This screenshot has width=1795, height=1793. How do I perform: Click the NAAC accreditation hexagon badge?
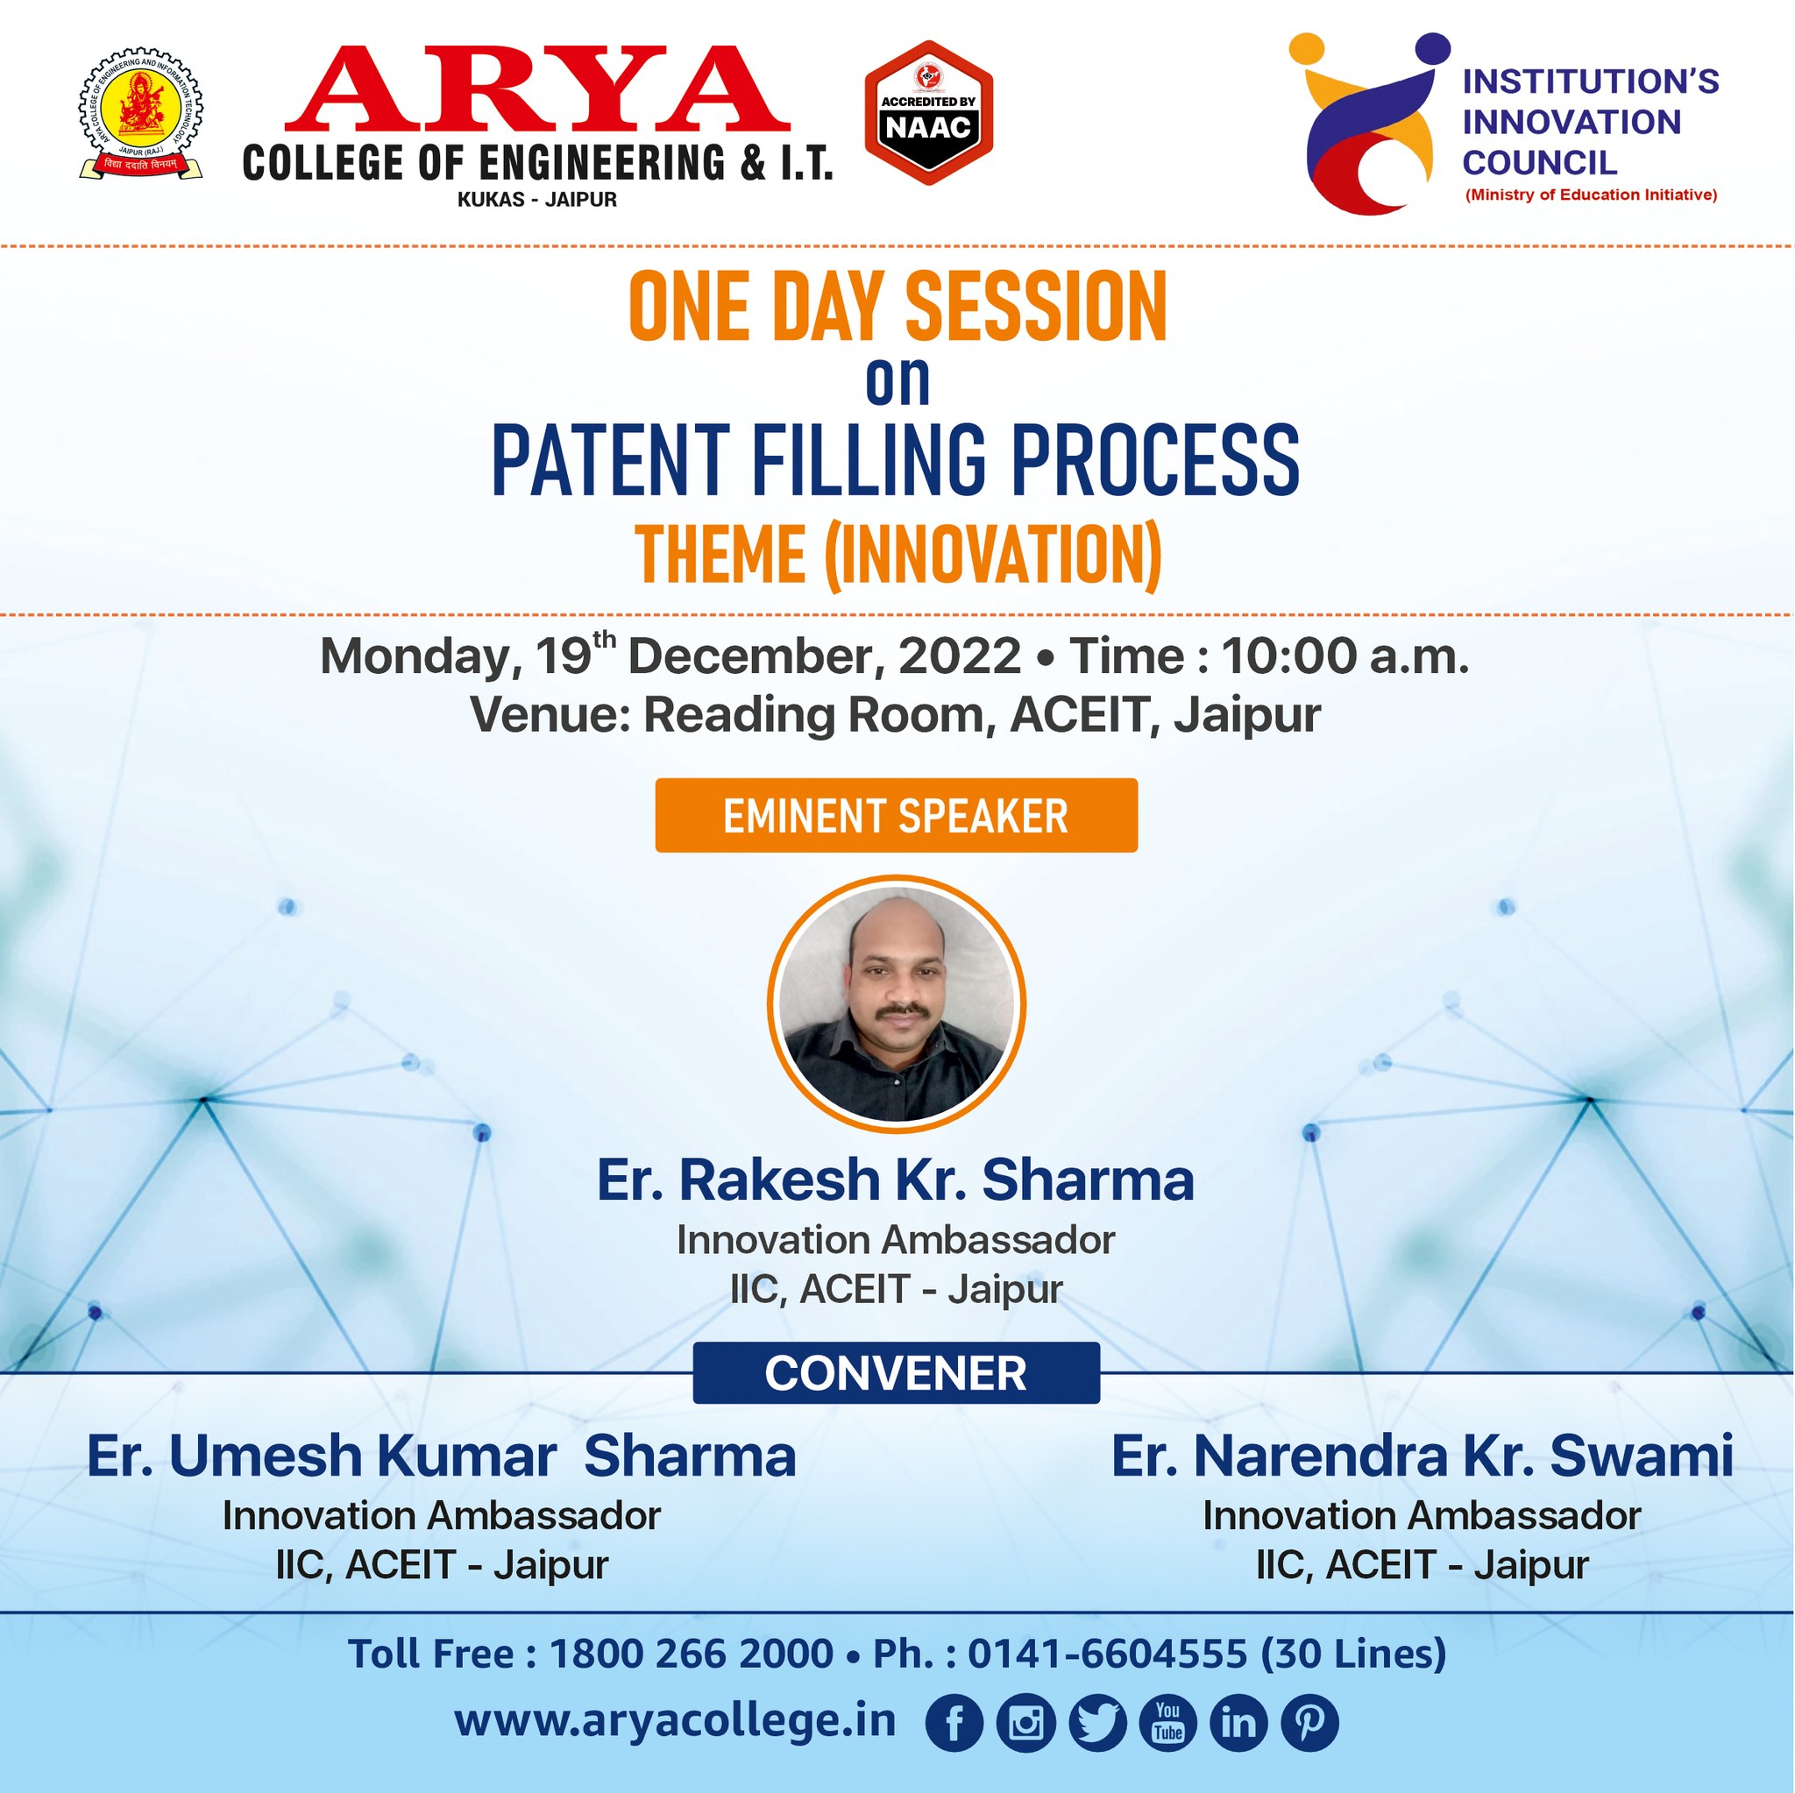coord(928,112)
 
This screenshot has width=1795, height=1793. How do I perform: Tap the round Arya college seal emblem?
coord(141,114)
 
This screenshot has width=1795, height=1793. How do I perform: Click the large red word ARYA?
coord(537,89)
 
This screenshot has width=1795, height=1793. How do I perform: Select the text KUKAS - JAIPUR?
coord(537,200)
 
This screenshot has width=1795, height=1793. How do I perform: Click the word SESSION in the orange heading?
coord(1035,306)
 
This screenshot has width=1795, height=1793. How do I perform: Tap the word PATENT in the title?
coord(609,460)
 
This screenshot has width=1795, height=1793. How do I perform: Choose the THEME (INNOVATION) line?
coord(898,556)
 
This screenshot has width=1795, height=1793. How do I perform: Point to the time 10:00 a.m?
coord(1345,656)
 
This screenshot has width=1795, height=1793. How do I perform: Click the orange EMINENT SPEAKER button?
coord(897,816)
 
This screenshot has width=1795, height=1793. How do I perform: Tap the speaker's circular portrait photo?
coord(897,1004)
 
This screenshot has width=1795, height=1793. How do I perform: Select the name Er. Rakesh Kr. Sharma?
coord(896,1180)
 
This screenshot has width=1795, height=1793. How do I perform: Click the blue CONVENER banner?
coord(897,1373)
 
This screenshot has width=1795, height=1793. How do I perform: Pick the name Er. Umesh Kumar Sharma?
coord(442,1456)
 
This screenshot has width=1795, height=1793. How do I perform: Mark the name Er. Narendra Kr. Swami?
coord(1423,1456)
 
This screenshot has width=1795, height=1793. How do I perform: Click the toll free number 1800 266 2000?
coord(692,1654)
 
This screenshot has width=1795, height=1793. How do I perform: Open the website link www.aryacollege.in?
coord(676,1721)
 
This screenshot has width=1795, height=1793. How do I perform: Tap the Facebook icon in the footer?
coord(955,1725)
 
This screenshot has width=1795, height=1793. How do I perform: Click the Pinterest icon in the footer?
coord(1310,1725)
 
